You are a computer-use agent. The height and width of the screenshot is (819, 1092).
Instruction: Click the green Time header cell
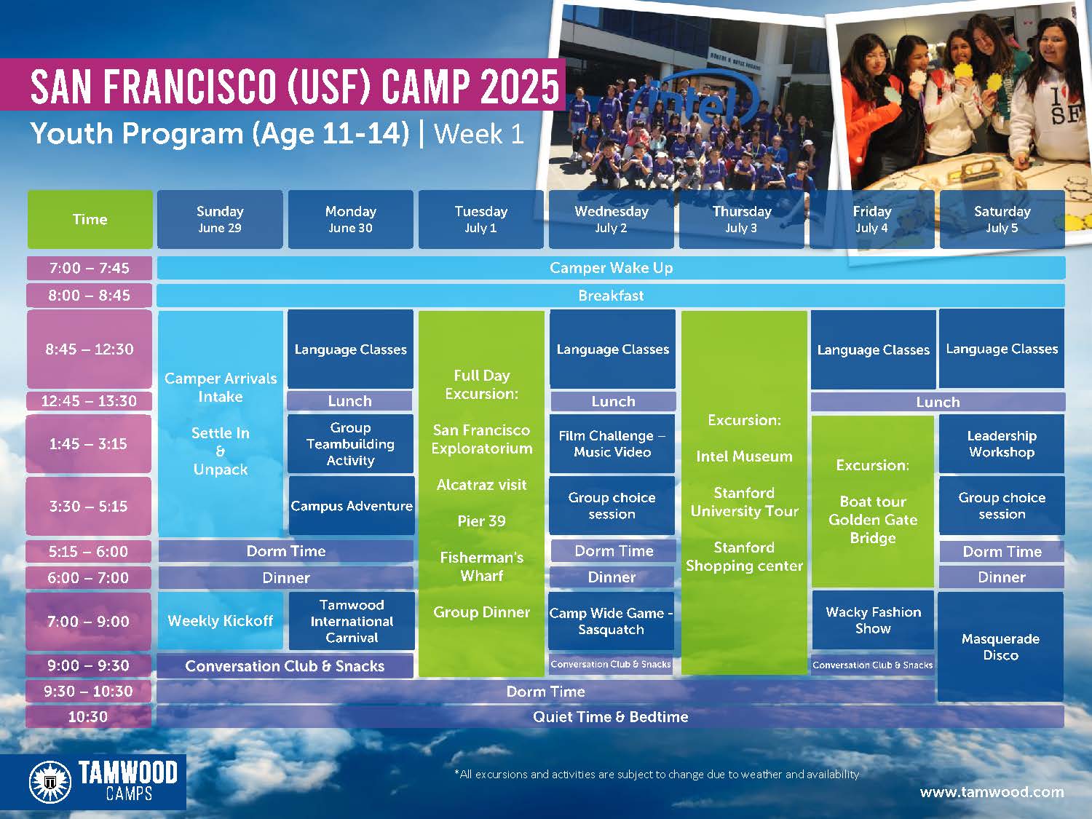(90, 219)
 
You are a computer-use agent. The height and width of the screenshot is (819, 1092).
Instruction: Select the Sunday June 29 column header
(220, 219)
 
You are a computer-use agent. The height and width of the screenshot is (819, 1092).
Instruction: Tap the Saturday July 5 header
(1002, 219)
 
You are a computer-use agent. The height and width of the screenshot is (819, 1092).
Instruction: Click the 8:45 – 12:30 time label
(89, 349)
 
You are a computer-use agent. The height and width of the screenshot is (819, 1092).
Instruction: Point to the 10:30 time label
(88, 716)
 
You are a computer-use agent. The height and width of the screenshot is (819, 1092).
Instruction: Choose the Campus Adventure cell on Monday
(352, 506)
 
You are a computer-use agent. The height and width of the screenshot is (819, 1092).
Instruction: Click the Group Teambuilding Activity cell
(351, 443)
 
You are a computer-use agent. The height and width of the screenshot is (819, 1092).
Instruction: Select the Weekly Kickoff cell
(221, 620)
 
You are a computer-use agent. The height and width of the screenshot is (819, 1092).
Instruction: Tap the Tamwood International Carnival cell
(352, 621)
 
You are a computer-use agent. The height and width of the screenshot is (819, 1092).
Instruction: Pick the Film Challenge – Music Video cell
(612, 443)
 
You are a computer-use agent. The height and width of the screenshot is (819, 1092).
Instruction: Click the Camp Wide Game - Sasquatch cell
(612, 621)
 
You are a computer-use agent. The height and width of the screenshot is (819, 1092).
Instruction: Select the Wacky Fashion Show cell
(873, 620)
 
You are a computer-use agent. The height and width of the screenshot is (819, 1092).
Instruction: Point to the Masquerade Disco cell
(1000, 646)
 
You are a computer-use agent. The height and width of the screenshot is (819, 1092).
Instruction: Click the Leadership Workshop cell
(1002, 443)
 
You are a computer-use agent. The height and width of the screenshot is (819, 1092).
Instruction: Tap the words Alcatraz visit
(482, 485)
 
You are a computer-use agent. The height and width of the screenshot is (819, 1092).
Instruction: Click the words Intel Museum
(744, 456)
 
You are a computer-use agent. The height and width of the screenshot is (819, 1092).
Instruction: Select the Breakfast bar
(611, 296)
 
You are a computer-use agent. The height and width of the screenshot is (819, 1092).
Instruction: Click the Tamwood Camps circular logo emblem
(50, 782)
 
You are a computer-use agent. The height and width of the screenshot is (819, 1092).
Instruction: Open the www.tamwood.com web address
(992, 792)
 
